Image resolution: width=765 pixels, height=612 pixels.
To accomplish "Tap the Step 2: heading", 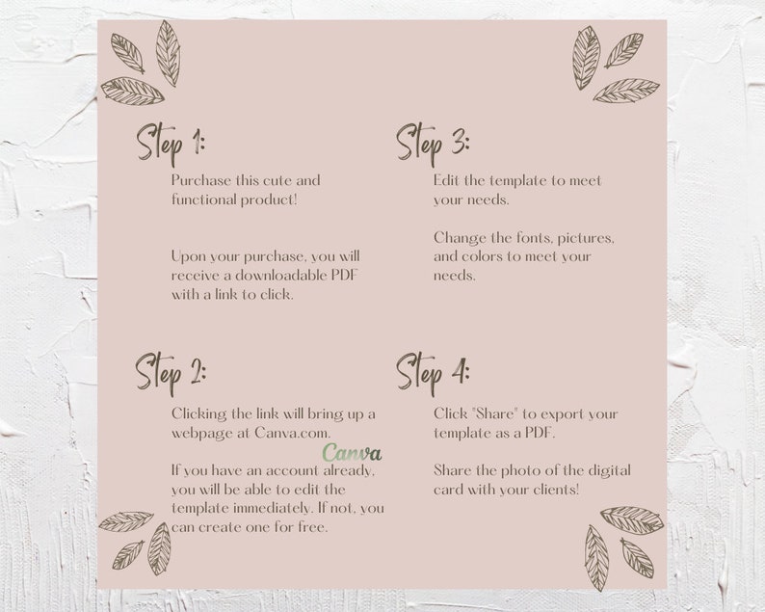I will (170, 370).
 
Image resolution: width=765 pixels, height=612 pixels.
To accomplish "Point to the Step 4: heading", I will (433, 370).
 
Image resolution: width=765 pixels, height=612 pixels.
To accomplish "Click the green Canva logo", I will (352, 452).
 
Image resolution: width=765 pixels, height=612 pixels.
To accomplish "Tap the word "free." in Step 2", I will (310, 527).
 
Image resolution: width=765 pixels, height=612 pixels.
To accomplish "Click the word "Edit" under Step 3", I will (448, 180).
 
